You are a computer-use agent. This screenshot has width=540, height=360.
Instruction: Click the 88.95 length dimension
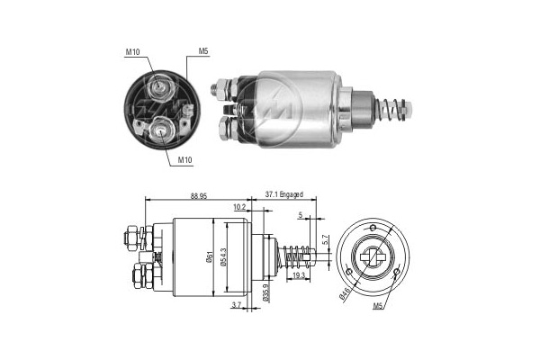tap(199, 195)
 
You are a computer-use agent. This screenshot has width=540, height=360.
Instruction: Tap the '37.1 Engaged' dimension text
tap(283, 194)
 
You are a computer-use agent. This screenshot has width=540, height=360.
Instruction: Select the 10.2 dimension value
tap(239, 207)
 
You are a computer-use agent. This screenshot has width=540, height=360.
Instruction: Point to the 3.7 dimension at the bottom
tap(236, 304)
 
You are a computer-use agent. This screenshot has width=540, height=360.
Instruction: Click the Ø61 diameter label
tap(210, 256)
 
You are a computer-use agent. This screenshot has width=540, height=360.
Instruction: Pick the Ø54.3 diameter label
tap(223, 256)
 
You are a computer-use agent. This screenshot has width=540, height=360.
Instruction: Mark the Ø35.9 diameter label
tap(265, 292)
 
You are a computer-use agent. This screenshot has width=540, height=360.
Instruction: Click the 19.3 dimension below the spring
tap(298, 275)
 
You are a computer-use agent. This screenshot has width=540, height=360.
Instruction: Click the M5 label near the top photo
tap(203, 51)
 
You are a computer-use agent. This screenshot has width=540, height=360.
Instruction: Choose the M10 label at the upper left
tap(132, 52)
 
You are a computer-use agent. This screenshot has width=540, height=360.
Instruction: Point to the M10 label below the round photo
tap(184, 160)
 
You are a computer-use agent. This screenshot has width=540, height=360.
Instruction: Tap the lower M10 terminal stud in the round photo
tap(160, 130)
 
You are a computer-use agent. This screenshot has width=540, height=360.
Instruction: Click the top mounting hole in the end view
tap(373, 228)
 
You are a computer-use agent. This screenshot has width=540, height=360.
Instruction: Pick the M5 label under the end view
tap(378, 306)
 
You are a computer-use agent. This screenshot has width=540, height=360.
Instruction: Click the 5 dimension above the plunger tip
tap(301, 216)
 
